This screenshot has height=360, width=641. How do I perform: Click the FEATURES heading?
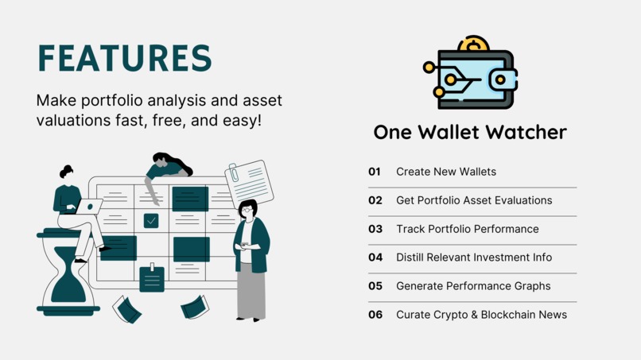(x=125, y=59)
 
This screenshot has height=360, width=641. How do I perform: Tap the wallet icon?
(x=475, y=78)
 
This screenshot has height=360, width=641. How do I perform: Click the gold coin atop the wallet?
(x=475, y=44)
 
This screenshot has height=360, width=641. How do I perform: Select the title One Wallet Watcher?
(x=470, y=132)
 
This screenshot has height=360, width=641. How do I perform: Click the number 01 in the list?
(x=375, y=172)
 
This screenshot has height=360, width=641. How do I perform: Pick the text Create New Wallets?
(x=445, y=172)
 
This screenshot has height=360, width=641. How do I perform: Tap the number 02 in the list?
(x=375, y=200)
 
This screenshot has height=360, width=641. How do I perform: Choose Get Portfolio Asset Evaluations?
(x=474, y=200)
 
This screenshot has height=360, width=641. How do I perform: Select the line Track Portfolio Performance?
(x=467, y=229)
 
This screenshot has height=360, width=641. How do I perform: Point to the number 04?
(x=375, y=257)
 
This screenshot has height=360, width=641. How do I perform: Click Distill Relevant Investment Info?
(x=473, y=257)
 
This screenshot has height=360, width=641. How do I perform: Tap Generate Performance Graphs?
(x=473, y=286)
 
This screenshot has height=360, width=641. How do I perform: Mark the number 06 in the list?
(x=375, y=315)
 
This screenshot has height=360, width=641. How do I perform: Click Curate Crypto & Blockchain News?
(x=481, y=315)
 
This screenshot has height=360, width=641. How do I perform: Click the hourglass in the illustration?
(x=68, y=273)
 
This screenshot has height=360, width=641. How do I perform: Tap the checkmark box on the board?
(x=151, y=220)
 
